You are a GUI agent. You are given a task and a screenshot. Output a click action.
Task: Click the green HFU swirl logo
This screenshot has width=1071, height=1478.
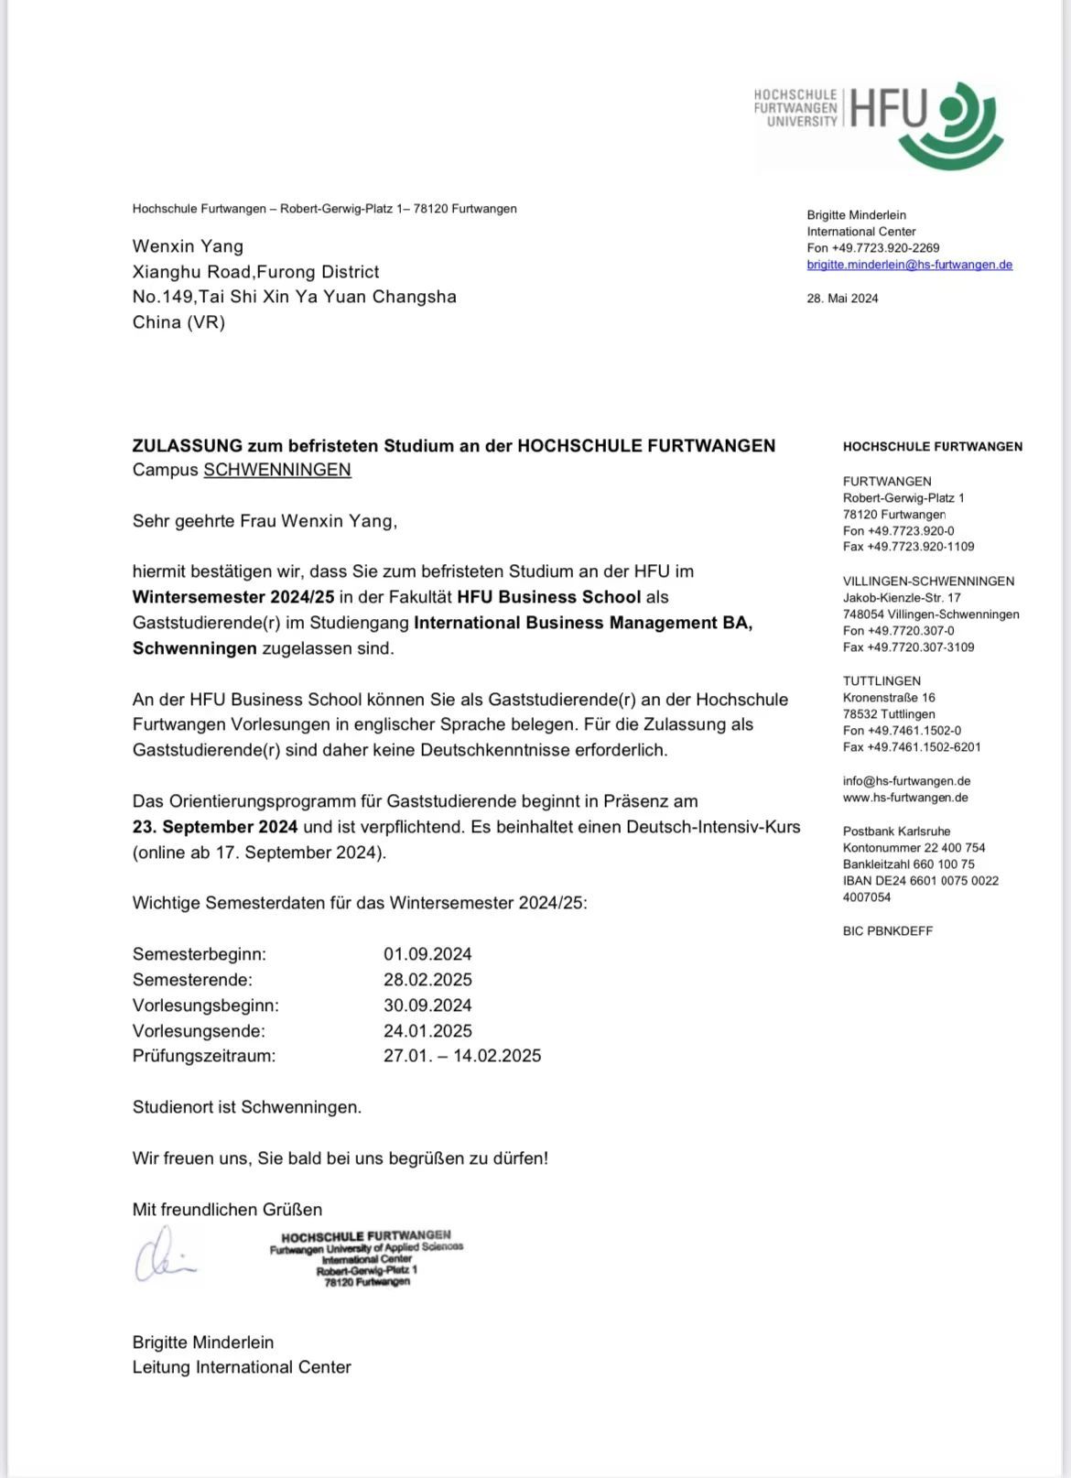(951, 125)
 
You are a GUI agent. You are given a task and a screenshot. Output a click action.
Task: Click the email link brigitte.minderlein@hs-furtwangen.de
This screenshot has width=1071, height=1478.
(909, 265)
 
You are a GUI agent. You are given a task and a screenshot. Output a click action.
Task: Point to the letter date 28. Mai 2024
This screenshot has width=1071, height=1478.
(842, 299)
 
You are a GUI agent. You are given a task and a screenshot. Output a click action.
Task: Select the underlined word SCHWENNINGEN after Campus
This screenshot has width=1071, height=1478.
(277, 470)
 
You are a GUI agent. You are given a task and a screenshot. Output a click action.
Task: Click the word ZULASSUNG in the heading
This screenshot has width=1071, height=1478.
(187, 446)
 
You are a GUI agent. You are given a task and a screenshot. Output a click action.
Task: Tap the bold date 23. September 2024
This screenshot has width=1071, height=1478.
(215, 827)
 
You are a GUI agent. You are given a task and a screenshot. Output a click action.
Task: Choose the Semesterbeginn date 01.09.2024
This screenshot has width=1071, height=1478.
(427, 954)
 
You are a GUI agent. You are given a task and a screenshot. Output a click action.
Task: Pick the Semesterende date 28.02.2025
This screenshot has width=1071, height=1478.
(427, 980)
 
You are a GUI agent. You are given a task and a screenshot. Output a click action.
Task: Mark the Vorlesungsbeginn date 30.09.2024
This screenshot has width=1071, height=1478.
(427, 1005)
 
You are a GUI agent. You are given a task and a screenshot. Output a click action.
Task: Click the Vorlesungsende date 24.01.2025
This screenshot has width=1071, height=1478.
(427, 1031)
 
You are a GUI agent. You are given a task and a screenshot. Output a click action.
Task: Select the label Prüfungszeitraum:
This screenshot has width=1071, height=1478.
(204, 1056)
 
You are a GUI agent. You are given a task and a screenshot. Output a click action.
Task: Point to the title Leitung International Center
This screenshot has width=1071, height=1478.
(242, 1367)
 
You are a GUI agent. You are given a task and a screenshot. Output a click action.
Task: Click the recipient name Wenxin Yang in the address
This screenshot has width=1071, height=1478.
(188, 246)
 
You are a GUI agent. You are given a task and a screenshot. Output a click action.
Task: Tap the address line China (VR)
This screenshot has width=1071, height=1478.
(178, 322)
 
